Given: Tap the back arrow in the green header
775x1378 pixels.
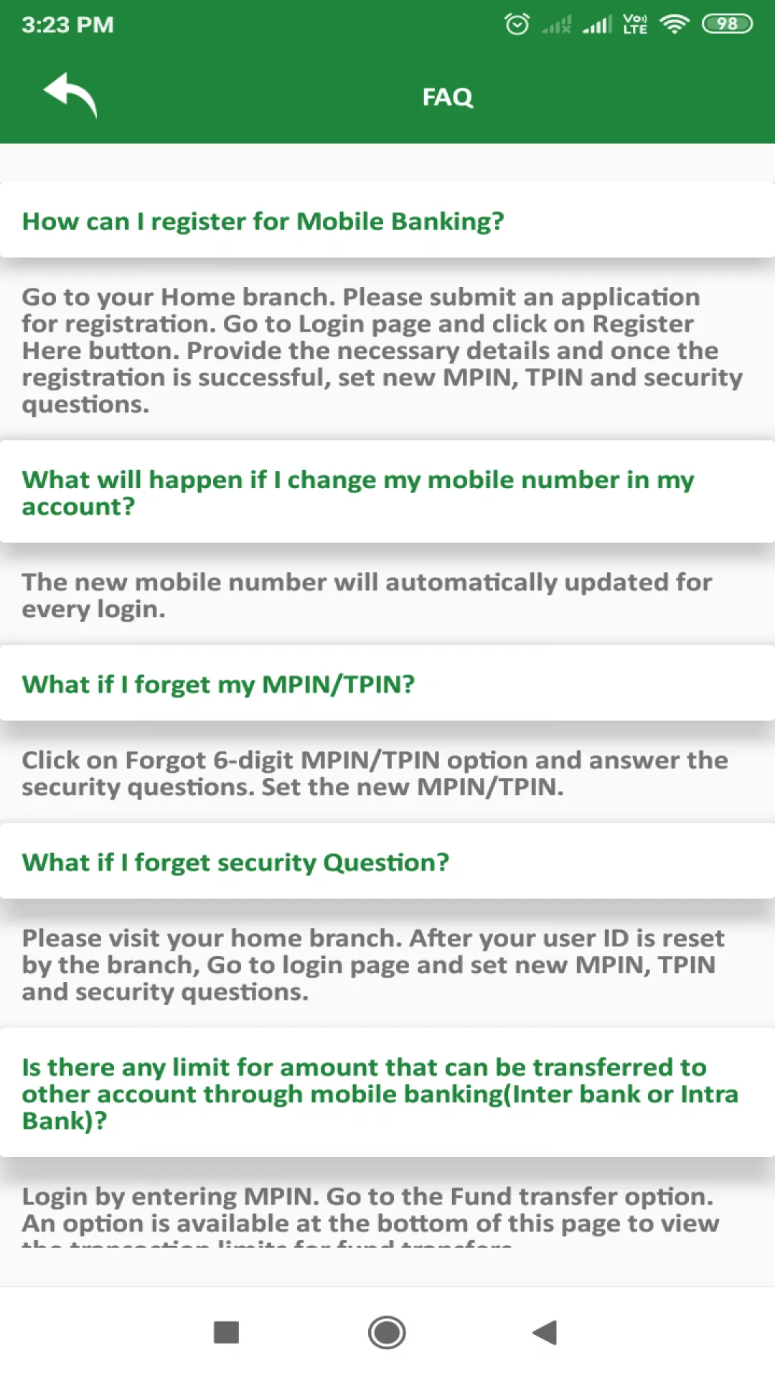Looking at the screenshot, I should click(70, 95).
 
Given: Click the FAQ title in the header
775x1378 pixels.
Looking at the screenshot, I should click(447, 97).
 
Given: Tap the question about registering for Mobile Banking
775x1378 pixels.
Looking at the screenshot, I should click(263, 221).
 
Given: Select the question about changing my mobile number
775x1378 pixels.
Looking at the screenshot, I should click(357, 492).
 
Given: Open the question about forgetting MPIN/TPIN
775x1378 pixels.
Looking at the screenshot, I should click(218, 684).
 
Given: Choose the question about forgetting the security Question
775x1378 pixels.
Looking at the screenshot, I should click(235, 862).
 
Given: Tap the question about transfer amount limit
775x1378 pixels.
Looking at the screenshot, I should click(379, 1093).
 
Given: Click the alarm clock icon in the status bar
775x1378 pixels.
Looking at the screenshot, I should click(517, 24).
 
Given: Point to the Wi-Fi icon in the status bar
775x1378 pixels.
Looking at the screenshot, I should click(674, 24).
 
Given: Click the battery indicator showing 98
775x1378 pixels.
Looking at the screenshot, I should click(726, 24).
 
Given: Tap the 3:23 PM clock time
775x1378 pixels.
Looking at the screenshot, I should click(67, 25).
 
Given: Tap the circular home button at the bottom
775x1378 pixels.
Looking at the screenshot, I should click(387, 1333).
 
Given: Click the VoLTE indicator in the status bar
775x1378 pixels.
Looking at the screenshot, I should click(635, 24).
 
